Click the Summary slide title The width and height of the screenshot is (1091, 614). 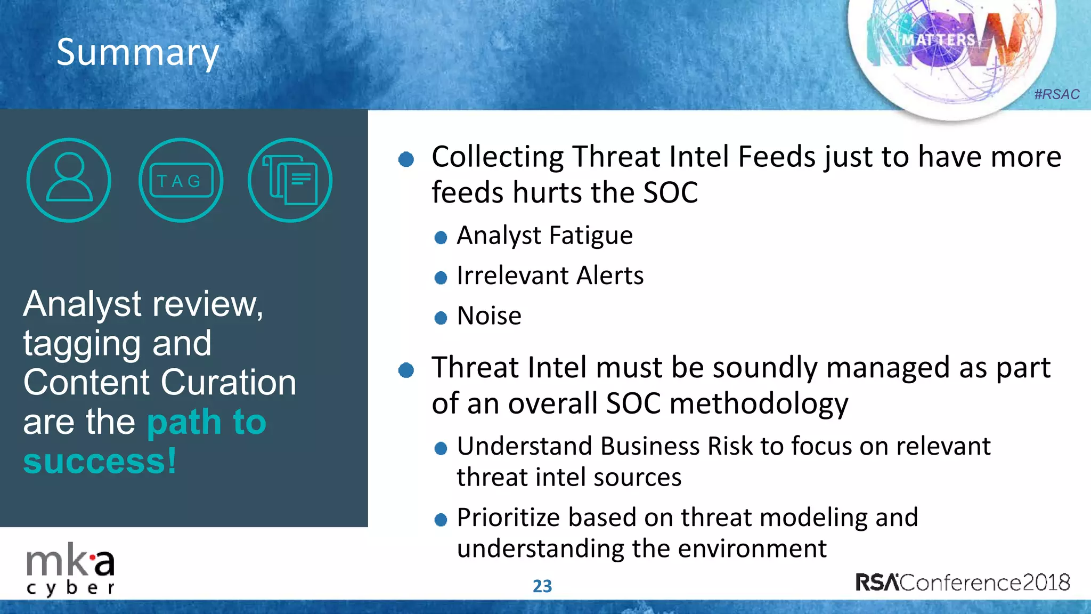tap(137, 52)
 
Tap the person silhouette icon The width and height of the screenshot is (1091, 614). tap(69, 180)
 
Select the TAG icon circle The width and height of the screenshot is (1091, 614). tap(181, 180)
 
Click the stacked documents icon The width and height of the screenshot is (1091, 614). tap(290, 180)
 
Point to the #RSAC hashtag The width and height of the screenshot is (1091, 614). tap(1056, 94)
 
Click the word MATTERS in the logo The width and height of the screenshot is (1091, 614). tap(938, 40)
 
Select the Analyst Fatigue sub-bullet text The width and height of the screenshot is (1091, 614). tap(544, 235)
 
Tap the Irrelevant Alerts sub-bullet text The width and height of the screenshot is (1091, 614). tap(550, 276)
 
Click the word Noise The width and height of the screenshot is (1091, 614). tap(489, 316)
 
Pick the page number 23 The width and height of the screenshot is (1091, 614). tap(542, 586)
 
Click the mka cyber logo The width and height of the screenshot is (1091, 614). tap(70, 570)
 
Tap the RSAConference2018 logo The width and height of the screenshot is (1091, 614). tap(963, 582)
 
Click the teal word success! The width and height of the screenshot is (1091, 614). tap(100, 461)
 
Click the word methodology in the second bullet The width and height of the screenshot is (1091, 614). tap(759, 403)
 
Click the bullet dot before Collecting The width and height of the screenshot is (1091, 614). tap(406, 159)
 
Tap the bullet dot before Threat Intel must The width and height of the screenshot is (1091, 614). tap(406, 370)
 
